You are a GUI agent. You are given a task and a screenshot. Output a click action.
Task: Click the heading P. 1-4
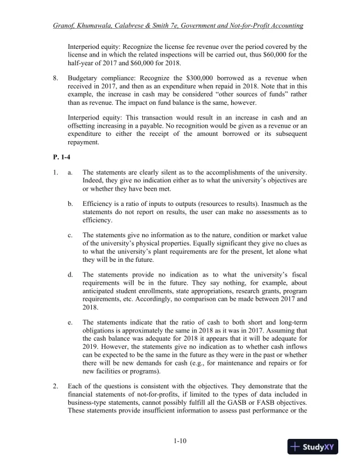[x=61, y=158]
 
